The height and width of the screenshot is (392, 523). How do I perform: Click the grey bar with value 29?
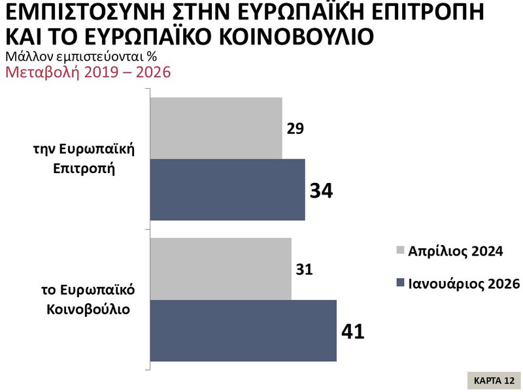[216, 128]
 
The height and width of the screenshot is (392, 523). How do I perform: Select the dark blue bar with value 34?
[228, 189]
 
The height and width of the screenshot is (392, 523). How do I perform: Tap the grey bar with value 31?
[221, 269]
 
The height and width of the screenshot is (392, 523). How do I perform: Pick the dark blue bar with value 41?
[243, 330]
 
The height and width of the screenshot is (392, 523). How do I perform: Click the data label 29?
[295, 128]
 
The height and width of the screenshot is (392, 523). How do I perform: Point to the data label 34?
[321, 191]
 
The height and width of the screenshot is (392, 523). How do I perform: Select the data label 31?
[304, 269]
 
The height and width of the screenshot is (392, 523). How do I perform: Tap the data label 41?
[352, 331]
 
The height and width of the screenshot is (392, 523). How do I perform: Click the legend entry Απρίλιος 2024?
[455, 251]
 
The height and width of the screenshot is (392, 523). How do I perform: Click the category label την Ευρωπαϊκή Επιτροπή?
[84, 157]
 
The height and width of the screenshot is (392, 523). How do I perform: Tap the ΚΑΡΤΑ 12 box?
[495, 380]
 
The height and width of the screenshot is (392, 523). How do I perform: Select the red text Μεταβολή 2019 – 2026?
[88, 71]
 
